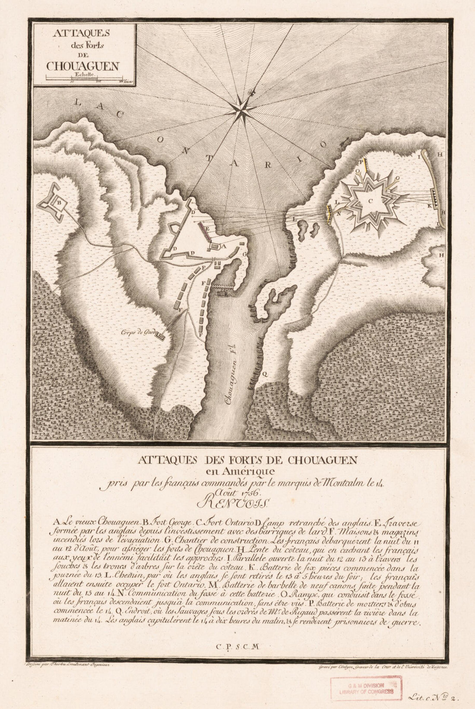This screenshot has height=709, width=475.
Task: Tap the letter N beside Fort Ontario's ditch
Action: click(x=339, y=212)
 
